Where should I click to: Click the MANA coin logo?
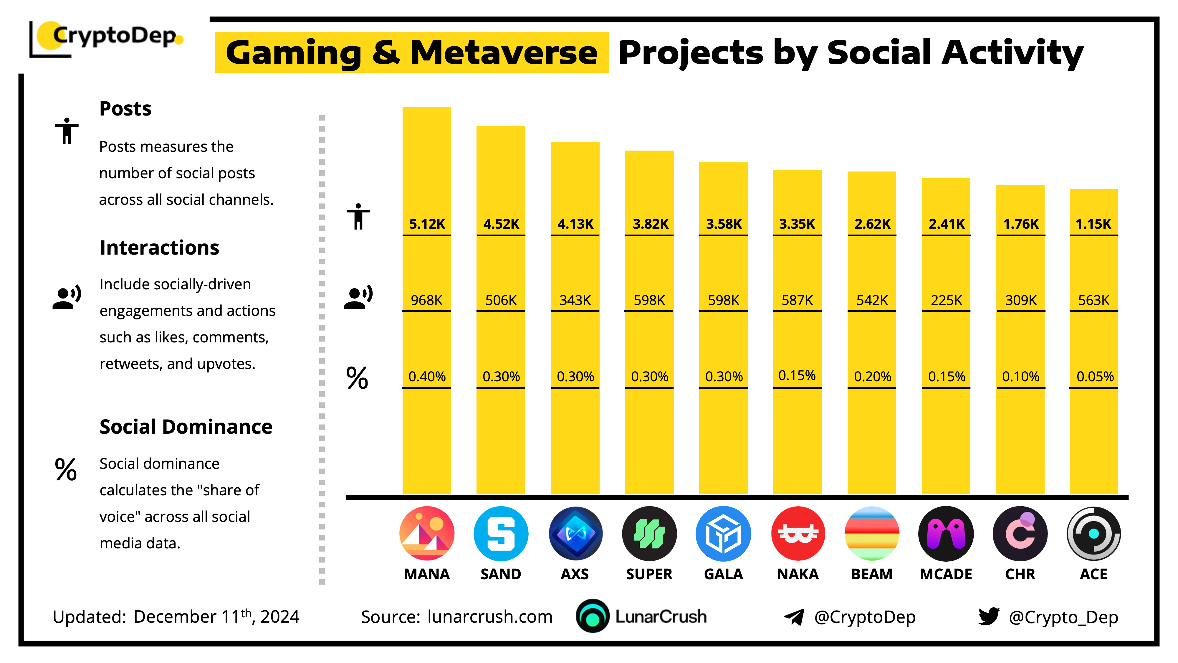coord(427,534)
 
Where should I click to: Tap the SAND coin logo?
coord(501,534)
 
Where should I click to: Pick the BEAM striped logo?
coord(872,534)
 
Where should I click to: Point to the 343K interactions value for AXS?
coord(575,300)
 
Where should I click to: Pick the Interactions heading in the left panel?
coord(159,248)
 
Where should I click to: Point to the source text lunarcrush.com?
coord(490,617)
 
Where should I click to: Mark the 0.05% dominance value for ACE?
coord(1095,377)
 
